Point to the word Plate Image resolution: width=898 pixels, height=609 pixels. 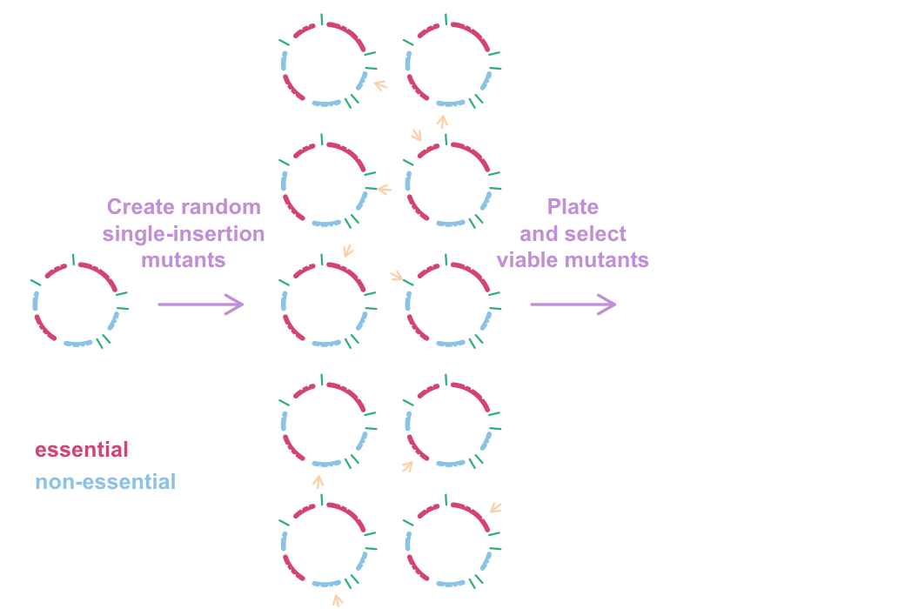(573, 207)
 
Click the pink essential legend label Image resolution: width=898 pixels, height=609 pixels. (82, 450)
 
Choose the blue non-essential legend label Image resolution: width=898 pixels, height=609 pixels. (105, 481)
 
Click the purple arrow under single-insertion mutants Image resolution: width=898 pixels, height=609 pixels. (200, 304)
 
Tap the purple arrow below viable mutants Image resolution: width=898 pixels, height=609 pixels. (573, 304)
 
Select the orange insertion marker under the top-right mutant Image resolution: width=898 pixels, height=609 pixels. (442, 119)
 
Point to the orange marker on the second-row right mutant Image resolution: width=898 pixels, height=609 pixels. (417, 137)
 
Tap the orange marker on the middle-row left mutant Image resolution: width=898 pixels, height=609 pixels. (348, 251)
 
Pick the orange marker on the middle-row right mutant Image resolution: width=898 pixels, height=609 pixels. (398, 276)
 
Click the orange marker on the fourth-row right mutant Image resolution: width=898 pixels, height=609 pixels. (407, 465)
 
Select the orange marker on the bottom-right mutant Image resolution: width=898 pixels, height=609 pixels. (495, 508)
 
